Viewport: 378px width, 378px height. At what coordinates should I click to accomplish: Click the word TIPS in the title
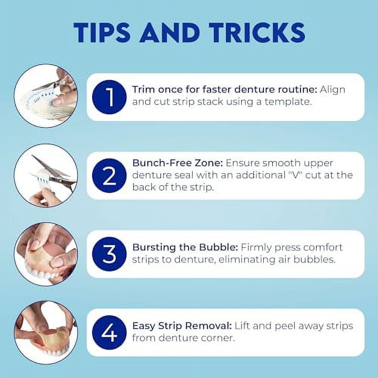(102, 33)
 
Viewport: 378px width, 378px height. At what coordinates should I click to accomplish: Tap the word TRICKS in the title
(257, 33)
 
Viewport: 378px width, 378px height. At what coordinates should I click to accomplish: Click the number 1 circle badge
(109, 97)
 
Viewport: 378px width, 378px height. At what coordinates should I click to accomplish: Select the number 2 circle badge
(109, 175)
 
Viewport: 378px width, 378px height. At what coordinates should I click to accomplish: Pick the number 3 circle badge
(109, 254)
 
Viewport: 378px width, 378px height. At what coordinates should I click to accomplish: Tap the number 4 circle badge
(109, 332)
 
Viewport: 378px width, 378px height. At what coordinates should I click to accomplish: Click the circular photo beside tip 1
(46, 96)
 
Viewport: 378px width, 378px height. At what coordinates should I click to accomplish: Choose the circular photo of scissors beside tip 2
(46, 175)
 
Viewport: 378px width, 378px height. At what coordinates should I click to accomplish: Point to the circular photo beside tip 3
(46, 254)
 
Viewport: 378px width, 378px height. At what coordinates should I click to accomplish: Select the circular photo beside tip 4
(46, 332)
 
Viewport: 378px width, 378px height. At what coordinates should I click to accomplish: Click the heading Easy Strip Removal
(182, 326)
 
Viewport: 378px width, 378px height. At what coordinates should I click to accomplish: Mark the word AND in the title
(170, 33)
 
